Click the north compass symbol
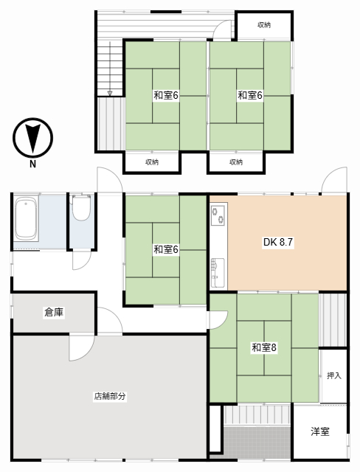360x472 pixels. coord(32,138)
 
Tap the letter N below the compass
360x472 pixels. coord(32,164)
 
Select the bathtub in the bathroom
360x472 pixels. coord(26,218)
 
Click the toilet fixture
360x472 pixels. coord(81,207)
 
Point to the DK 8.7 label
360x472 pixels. coord(278,242)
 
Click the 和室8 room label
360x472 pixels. coord(264,347)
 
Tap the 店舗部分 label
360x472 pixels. coord(110,396)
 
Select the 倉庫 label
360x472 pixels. coord(54,312)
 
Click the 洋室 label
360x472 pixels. coord(320,431)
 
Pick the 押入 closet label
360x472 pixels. coord(334,375)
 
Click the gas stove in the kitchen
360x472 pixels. coord(218,215)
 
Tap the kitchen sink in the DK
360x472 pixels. coord(218,272)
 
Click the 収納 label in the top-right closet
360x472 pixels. coord(264,25)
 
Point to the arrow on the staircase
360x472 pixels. coord(110,69)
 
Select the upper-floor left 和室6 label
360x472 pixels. coord(166,95)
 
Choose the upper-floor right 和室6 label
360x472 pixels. coord(250,95)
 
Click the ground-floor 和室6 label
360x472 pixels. coord(166,249)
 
